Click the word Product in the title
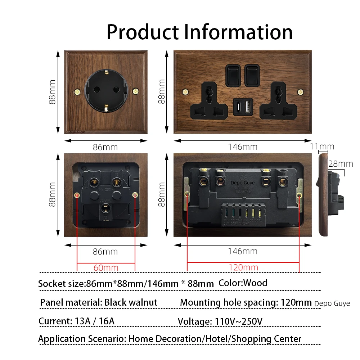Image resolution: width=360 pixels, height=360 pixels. click(x=142, y=32)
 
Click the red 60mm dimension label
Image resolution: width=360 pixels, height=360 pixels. click(x=106, y=267)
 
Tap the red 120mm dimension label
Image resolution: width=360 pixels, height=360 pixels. click(x=243, y=267)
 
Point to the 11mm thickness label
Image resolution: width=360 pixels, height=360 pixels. click(x=322, y=147)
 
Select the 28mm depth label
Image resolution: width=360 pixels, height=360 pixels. click(x=341, y=164)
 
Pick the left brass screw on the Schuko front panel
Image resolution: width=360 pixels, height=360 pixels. click(x=76, y=91)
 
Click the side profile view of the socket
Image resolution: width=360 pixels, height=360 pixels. click(x=331, y=196)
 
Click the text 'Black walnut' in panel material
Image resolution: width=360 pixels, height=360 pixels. click(x=131, y=302)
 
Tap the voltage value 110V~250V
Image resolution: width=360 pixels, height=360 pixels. click(x=238, y=321)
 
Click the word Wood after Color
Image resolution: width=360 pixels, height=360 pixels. click(x=255, y=283)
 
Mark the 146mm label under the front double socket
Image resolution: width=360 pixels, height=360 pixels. click(x=243, y=147)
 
